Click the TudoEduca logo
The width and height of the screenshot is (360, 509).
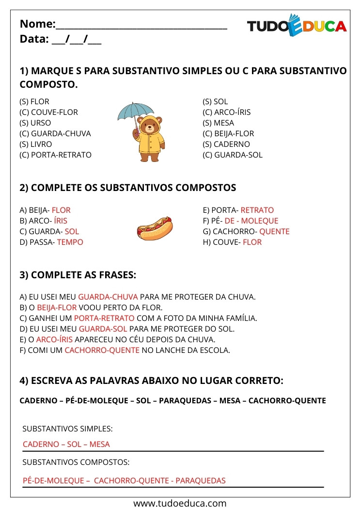[x=297, y=26]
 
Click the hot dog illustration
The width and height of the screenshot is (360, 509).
[x=154, y=229]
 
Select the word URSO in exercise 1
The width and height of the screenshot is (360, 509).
[x=41, y=123]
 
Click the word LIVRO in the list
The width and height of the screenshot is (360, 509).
[x=41, y=144]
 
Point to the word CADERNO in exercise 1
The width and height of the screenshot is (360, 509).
[x=232, y=144]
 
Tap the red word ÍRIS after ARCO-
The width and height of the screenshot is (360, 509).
[x=61, y=221]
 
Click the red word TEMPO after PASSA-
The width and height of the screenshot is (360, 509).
[x=70, y=242]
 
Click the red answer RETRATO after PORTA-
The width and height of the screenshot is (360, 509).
[x=257, y=210]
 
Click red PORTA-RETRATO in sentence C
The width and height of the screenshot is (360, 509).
[x=104, y=318]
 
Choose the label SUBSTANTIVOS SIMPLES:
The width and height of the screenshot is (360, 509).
[x=68, y=429]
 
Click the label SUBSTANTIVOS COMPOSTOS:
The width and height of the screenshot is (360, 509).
[x=76, y=462]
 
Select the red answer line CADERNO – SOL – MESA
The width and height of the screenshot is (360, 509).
[x=66, y=445]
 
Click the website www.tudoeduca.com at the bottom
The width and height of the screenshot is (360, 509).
[x=180, y=503]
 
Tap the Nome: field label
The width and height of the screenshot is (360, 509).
[x=37, y=24]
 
